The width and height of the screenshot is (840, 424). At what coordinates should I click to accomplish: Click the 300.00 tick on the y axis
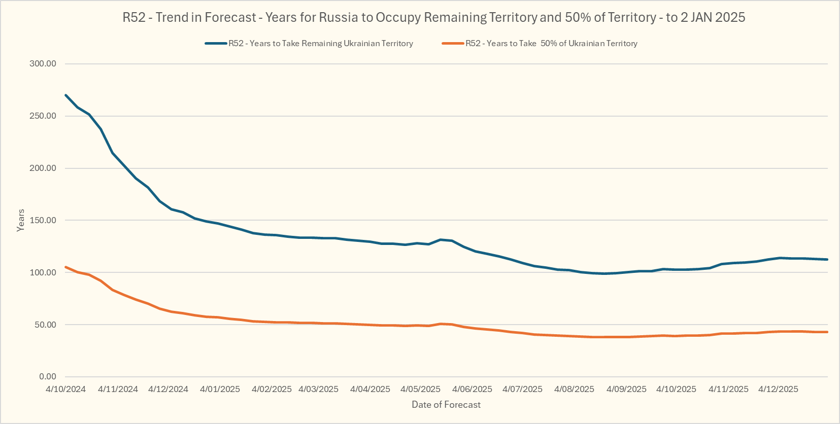[x=43, y=64]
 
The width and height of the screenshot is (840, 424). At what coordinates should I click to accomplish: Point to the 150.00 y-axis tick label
[x=43, y=221]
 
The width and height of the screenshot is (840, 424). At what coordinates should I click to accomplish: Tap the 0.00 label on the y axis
[x=48, y=377]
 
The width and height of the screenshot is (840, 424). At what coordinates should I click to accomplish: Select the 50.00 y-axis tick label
[x=45, y=325]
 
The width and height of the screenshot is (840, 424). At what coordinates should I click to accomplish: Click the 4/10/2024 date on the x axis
[x=65, y=390]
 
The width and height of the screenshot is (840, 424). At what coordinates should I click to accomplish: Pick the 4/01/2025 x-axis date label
[x=220, y=390]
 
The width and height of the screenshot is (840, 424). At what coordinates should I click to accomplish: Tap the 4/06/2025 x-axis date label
[x=472, y=390]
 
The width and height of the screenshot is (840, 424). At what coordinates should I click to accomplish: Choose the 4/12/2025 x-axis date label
[x=778, y=390]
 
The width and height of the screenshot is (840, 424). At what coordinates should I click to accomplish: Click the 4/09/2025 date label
[x=626, y=390]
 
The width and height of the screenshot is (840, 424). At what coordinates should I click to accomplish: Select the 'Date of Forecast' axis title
[x=446, y=405]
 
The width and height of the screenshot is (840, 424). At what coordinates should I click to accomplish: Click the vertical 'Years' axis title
[x=21, y=221]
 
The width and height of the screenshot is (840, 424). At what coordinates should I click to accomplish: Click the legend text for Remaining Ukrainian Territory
[x=321, y=44]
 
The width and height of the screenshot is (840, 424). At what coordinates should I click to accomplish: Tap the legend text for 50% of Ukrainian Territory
[x=551, y=44]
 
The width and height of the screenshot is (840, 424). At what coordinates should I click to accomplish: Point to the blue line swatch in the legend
[x=216, y=44]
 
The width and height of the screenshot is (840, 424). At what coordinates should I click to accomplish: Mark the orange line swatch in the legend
[x=453, y=44]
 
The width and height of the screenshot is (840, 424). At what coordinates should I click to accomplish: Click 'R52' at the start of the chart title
[x=134, y=18]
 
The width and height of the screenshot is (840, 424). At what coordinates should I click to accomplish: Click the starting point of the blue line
[x=66, y=95]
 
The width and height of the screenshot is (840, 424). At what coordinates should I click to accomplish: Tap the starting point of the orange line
[x=66, y=267]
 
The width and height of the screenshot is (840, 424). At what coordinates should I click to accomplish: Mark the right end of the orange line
[x=827, y=332]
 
